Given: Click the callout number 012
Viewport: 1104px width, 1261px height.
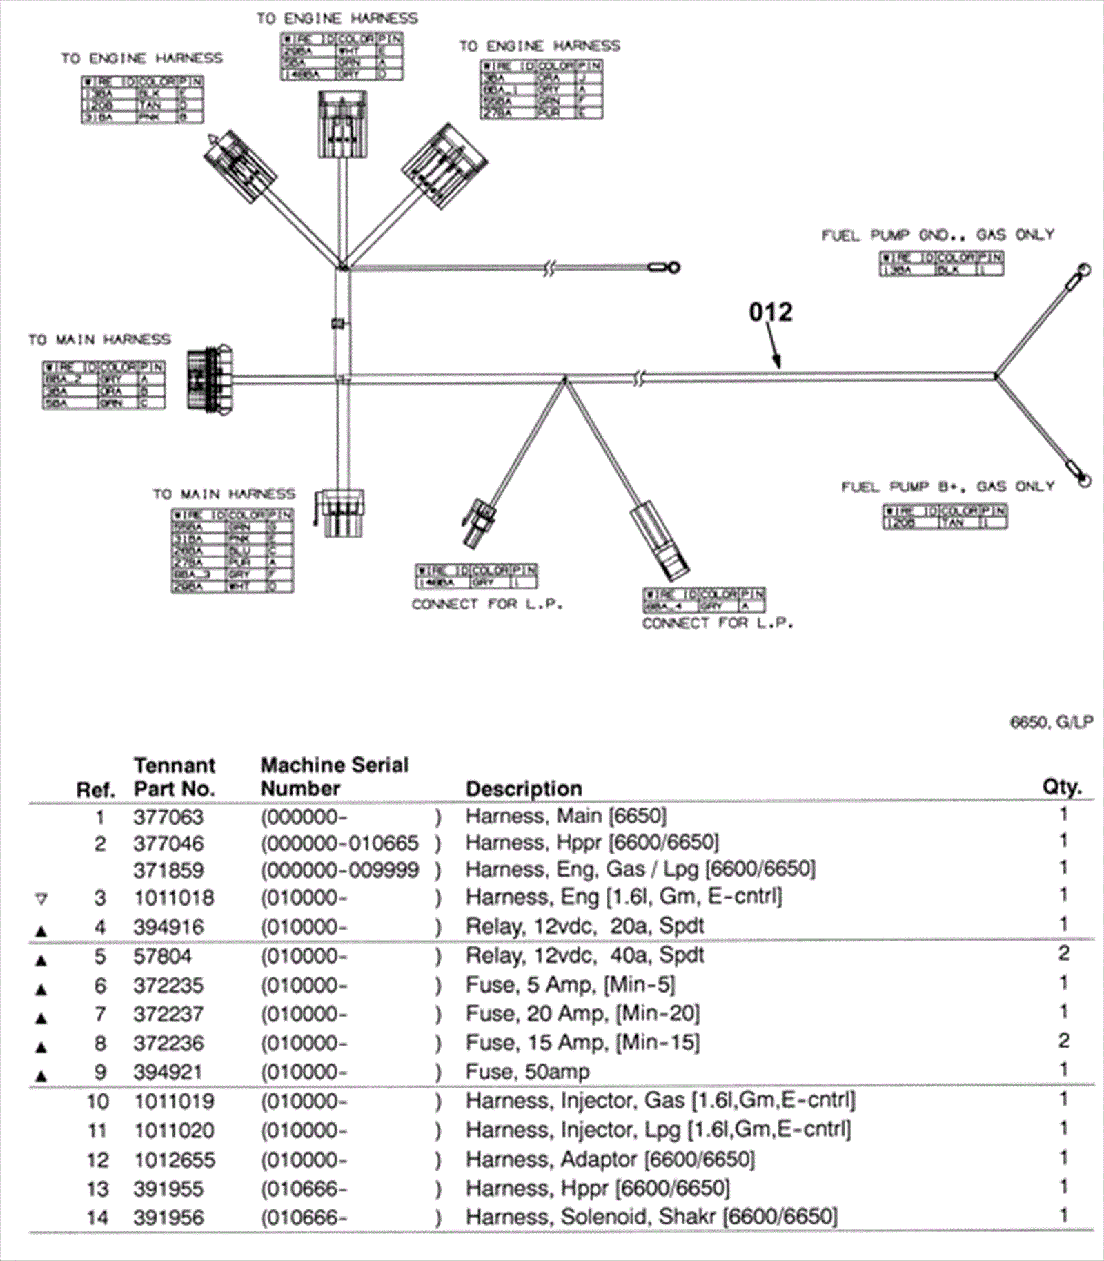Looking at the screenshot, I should coord(771,312).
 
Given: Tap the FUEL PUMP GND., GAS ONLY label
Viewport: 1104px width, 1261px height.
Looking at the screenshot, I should coord(938,235).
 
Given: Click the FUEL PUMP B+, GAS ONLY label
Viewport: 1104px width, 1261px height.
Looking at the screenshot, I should coord(947,487).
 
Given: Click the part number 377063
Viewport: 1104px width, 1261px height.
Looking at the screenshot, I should coord(168,817).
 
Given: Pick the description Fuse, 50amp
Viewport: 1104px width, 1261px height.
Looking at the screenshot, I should coord(528,1072).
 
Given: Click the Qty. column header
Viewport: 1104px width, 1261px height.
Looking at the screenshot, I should coord(1061,787).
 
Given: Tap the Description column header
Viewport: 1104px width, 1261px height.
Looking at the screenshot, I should coord(524,788).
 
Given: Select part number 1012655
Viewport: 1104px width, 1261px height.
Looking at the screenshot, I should coord(174,1160).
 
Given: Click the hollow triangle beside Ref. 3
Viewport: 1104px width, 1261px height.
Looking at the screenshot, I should coord(41,899).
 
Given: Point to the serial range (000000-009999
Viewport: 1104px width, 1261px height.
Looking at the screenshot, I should coord(339,870).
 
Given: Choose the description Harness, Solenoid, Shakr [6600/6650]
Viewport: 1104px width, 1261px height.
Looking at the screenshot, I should coord(651,1216).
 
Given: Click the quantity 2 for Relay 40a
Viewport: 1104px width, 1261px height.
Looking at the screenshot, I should coord(1063,954).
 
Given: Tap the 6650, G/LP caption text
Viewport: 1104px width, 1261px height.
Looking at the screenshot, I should coord(1052,723).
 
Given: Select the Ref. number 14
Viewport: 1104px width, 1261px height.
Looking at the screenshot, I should coord(97,1218).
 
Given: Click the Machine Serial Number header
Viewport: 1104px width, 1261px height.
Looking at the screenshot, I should coord(334,776).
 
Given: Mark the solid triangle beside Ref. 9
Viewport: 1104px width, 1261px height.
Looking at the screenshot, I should coord(41,1075).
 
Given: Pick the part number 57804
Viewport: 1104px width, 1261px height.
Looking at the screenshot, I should coord(163,957).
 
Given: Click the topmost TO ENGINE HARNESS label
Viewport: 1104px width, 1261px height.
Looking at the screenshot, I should coord(337,19).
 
